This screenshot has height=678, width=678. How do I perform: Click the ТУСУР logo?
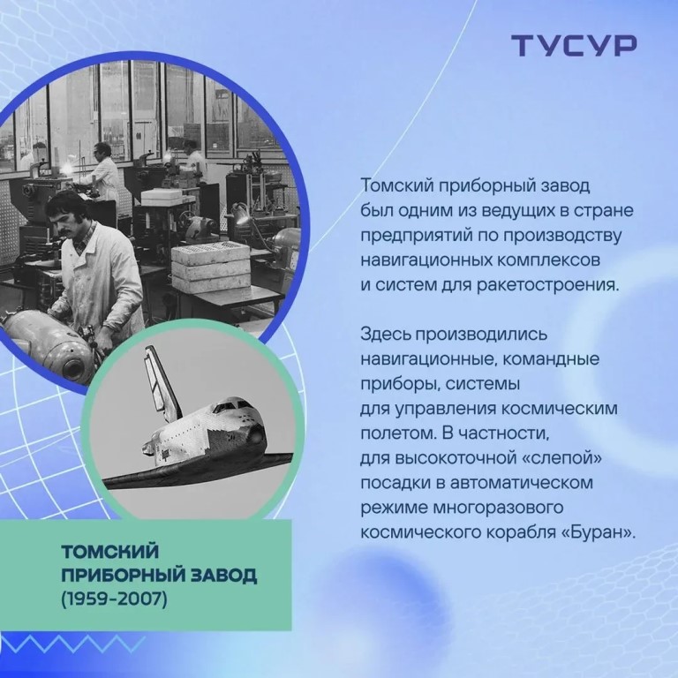[574, 45]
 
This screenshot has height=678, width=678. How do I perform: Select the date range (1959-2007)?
[114, 599]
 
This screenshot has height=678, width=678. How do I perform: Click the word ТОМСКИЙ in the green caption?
[109, 551]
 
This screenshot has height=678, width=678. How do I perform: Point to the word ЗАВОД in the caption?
[224, 576]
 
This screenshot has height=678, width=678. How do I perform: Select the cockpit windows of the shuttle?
[230, 406]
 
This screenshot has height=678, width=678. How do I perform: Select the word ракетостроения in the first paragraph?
[548, 286]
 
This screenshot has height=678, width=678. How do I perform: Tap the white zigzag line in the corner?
[72, 644]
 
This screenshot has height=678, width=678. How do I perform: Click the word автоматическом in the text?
[523, 483]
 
